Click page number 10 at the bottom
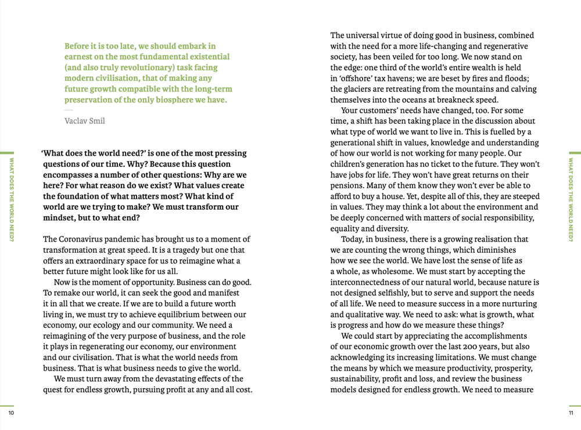point(10,413)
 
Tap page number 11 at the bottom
point(571,413)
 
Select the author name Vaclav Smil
point(85,121)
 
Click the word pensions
point(347,185)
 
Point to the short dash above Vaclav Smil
point(69,110)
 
